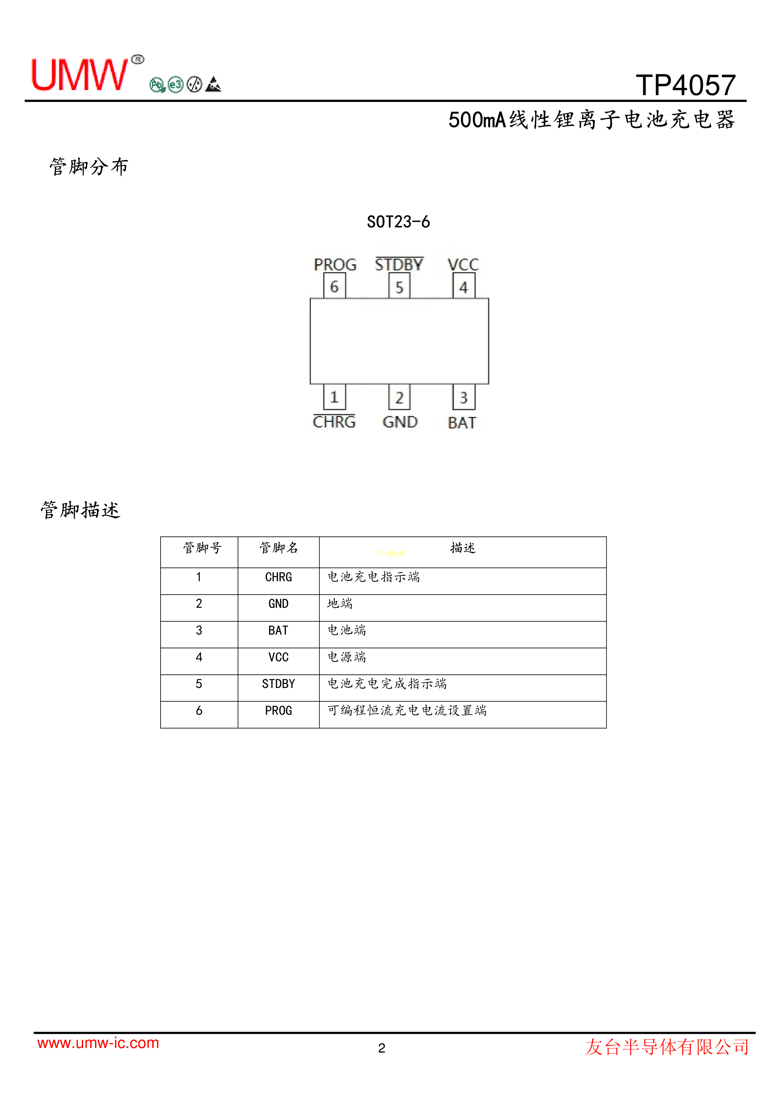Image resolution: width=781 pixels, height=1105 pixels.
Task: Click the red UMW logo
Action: [80, 75]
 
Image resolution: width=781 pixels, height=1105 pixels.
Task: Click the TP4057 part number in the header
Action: [686, 85]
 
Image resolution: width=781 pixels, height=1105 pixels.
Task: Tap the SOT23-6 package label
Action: [398, 222]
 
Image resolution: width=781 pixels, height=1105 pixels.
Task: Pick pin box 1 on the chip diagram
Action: [334, 397]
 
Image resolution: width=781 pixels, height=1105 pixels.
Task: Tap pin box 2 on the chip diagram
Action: [399, 397]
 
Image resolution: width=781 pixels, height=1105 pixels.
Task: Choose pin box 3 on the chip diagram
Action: [464, 397]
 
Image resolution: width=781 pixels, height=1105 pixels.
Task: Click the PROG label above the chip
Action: [335, 265]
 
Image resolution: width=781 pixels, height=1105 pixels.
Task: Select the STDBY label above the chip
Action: [399, 264]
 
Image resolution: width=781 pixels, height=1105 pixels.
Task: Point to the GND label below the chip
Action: [400, 422]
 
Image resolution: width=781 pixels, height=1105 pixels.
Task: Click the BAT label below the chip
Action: [462, 422]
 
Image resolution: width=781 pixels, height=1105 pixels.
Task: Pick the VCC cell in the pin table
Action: [279, 657]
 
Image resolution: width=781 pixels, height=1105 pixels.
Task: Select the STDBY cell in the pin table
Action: [279, 684]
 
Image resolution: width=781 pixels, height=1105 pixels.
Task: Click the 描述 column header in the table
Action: [463, 548]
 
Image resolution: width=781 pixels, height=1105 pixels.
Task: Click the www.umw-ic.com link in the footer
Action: [98, 1043]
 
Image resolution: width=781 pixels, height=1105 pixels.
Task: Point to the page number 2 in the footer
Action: [382, 1048]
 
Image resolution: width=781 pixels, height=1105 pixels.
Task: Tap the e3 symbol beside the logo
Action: [176, 85]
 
